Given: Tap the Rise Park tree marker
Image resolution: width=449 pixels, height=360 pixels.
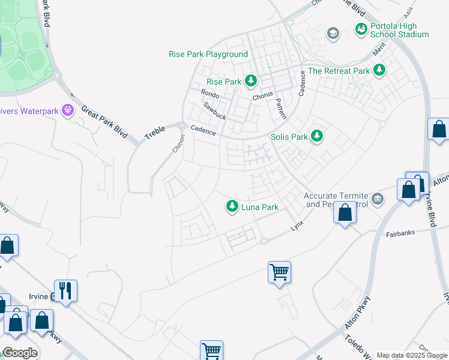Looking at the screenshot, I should click(250, 81).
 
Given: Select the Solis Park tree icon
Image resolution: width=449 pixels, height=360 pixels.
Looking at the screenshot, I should click(317, 137).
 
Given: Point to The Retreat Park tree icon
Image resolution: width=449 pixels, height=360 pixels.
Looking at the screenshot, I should click(379, 71).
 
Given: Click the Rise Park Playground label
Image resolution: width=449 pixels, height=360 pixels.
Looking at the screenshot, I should click(208, 54).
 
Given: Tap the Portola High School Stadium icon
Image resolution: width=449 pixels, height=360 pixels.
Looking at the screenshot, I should click(361, 28).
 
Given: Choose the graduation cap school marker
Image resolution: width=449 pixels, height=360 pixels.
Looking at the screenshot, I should click(333, 33).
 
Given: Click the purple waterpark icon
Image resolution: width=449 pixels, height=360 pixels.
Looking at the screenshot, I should click(68, 110).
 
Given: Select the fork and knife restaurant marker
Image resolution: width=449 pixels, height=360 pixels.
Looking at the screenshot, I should click(65, 290).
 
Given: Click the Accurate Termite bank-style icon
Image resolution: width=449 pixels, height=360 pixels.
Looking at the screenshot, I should click(378, 199).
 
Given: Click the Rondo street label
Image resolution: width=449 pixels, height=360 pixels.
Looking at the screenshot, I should click(210, 94).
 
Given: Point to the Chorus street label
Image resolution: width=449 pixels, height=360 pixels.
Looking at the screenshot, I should click(262, 95).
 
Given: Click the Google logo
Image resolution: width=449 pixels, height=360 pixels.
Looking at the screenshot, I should click(20, 353).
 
